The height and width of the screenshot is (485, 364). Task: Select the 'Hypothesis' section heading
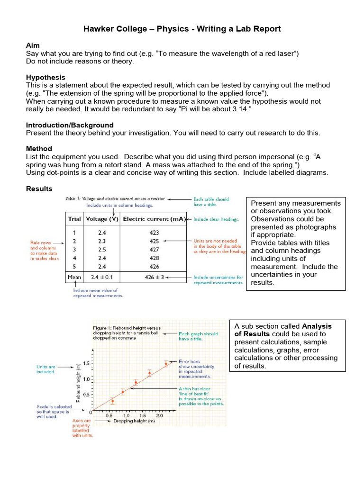point(45,77)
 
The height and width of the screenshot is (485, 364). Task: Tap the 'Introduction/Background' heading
point(70,125)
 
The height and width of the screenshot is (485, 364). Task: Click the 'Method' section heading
point(39,149)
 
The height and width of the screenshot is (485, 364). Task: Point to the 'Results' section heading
point(39,189)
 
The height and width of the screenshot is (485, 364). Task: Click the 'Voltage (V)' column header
point(101,219)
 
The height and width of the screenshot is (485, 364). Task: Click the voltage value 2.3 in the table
point(101,241)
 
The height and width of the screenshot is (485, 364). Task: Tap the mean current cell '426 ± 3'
point(154,277)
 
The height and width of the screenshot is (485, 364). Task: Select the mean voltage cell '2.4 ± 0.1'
point(101,277)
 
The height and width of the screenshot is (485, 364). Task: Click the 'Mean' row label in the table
point(74,277)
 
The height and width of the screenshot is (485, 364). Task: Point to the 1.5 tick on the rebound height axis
point(86,364)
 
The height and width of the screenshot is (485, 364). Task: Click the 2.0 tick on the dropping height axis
point(160,415)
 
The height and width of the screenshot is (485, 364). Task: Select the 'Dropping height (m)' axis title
point(134,421)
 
